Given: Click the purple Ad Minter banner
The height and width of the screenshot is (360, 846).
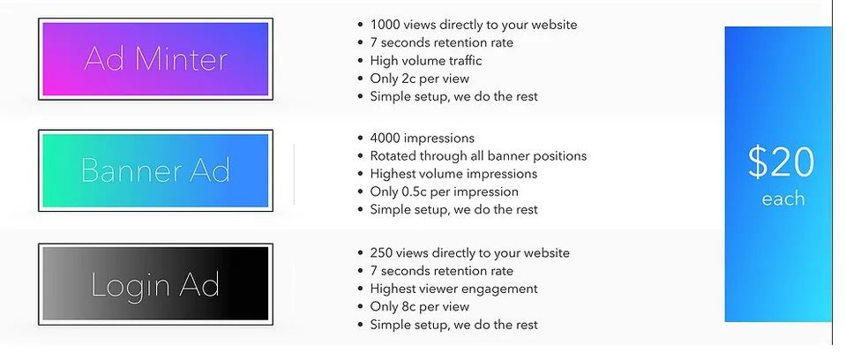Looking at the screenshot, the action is pos(155,59).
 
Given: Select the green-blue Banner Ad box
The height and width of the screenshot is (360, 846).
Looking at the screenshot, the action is pos(155,170).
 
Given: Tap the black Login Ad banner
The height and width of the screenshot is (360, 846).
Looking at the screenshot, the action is pos(155,284).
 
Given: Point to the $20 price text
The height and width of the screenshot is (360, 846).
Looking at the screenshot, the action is pos(781,162).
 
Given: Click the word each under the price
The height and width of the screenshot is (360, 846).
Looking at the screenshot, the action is pos(782,199).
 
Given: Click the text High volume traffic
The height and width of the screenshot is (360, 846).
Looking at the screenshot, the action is pos(426,61).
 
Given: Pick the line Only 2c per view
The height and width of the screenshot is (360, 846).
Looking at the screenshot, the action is pos(420,79).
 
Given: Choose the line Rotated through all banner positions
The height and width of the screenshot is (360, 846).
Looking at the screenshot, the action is pos(478,156).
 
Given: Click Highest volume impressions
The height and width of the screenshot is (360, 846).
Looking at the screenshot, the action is pos(453,174).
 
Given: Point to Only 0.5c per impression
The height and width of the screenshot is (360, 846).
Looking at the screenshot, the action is pos(444,191).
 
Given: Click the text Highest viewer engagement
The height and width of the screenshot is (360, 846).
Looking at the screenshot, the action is pos(453,289).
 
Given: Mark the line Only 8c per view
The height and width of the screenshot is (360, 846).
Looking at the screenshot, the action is pos(420,306).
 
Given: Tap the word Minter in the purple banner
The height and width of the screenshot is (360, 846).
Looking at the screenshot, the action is pos(182,59).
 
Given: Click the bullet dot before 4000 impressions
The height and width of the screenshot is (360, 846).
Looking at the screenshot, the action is pos(361,139).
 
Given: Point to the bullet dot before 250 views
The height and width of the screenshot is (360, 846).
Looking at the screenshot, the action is pos(361,253).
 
